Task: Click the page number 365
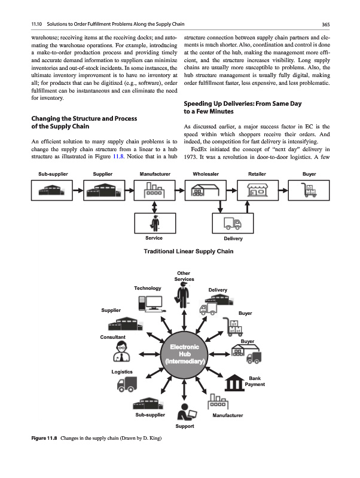coord(326,24)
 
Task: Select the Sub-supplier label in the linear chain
coord(53,173)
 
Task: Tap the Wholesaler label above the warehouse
coord(206,173)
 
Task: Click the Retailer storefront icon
coord(257,191)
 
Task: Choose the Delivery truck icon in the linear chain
coord(231,224)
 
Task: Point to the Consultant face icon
coord(118,354)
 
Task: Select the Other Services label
coord(184,276)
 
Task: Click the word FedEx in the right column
coord(199,149)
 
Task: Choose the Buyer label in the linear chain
coord(309,173)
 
